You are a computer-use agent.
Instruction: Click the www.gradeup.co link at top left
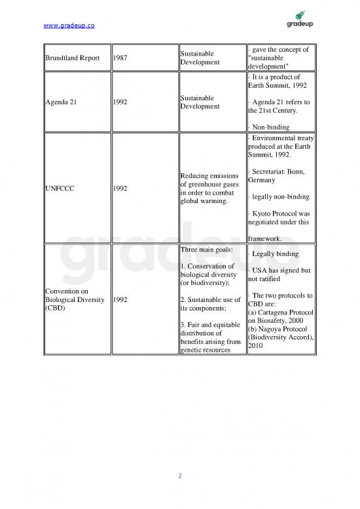68,25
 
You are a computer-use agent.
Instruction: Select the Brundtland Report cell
73,58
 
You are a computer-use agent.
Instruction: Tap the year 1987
120,58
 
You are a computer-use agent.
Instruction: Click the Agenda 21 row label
60,102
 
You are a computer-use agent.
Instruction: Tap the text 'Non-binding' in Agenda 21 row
275,127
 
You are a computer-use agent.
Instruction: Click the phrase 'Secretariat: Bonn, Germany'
281,176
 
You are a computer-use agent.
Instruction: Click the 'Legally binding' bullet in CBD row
275,254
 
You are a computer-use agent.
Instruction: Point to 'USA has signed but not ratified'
279,274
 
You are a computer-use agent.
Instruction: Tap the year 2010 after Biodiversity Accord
256,347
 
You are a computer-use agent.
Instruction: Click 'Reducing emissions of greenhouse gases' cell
209,188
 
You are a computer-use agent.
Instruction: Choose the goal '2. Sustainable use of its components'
209,304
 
